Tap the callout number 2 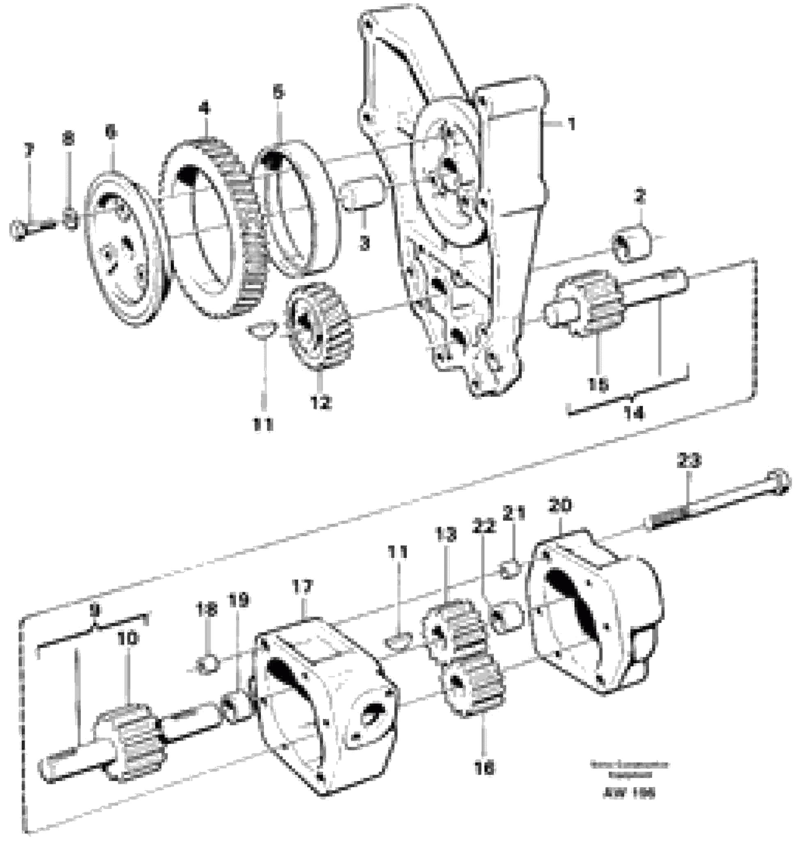click(x=640, y=198)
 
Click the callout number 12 click(x=320, y=402)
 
